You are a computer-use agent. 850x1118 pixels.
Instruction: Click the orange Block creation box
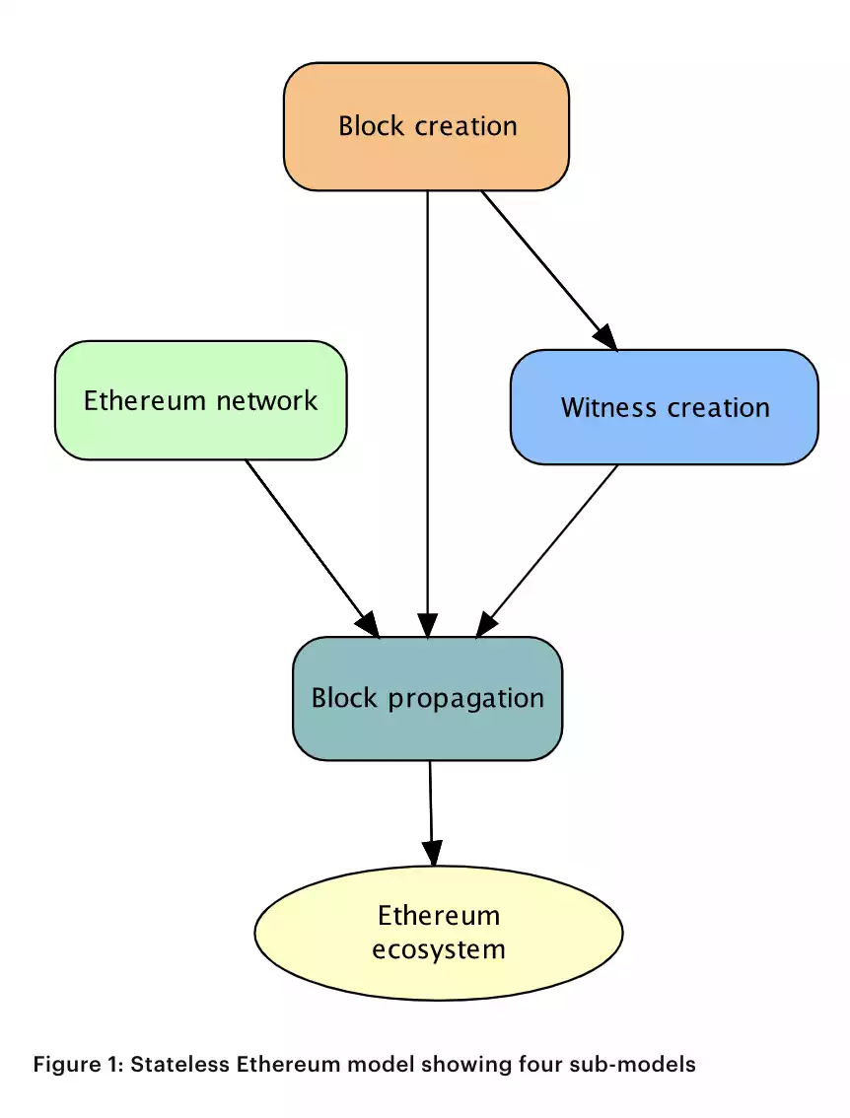point(426,126)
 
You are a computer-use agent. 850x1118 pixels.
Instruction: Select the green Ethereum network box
point(200,400)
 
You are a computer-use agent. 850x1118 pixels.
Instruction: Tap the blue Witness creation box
point(664,407)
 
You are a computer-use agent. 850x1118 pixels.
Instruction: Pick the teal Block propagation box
point(427,698)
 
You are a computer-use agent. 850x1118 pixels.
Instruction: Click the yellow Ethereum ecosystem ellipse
point(439,932)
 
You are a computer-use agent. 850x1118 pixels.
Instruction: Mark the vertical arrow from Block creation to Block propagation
point(427,414)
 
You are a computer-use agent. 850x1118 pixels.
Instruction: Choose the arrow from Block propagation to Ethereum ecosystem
point(431,808)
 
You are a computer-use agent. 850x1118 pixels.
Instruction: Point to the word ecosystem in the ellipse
point(439,949)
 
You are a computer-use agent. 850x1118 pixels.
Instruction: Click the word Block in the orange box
point(371,126)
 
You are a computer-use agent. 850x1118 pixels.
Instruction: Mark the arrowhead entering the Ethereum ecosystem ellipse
point(432,854)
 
